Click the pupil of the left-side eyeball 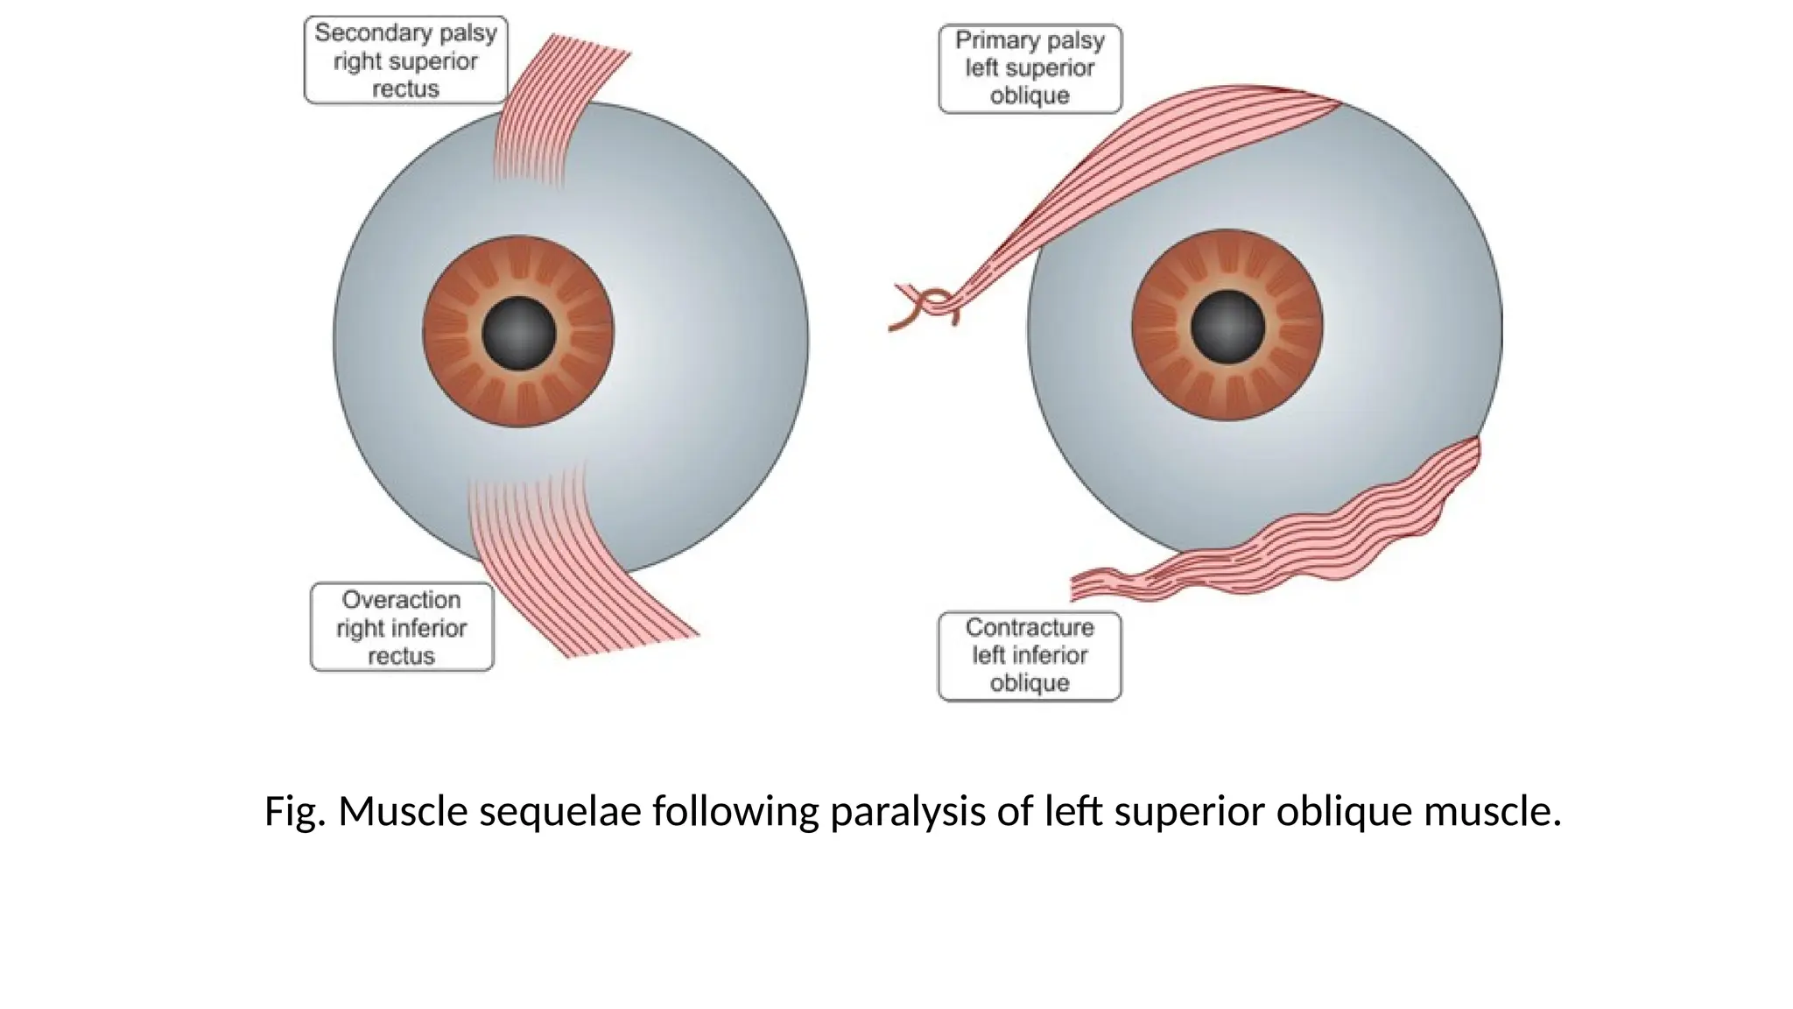pos(519,333)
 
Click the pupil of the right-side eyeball pos(1227,327)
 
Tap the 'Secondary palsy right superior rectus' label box pos(405,60)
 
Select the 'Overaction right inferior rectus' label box pos(402,627)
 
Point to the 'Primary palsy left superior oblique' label pos(1030,68)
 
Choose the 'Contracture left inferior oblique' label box pos(1030,655)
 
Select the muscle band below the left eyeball pos(560,561)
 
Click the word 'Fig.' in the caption pos(295,811)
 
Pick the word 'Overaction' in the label pos(401,600)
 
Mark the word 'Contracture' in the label pos(1030,627)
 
